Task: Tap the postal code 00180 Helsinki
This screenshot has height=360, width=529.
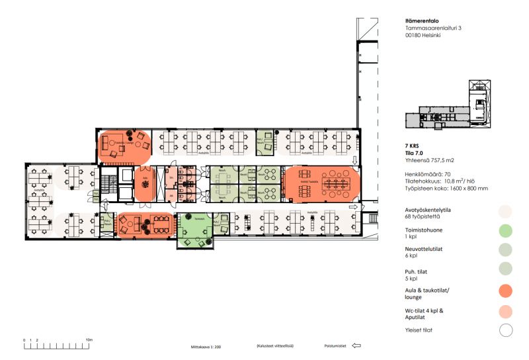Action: pyautogui.click(x=422, y=36)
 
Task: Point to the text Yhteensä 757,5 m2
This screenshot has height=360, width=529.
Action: pyautogui.click(x=430, y=160)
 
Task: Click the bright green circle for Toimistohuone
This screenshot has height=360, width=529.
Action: pyautogui.click(x=506, y=231)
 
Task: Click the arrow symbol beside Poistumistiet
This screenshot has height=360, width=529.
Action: pyautogui.click(x=356, y=345)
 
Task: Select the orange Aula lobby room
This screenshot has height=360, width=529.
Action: pyautogui.click(x=145, y=183)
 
